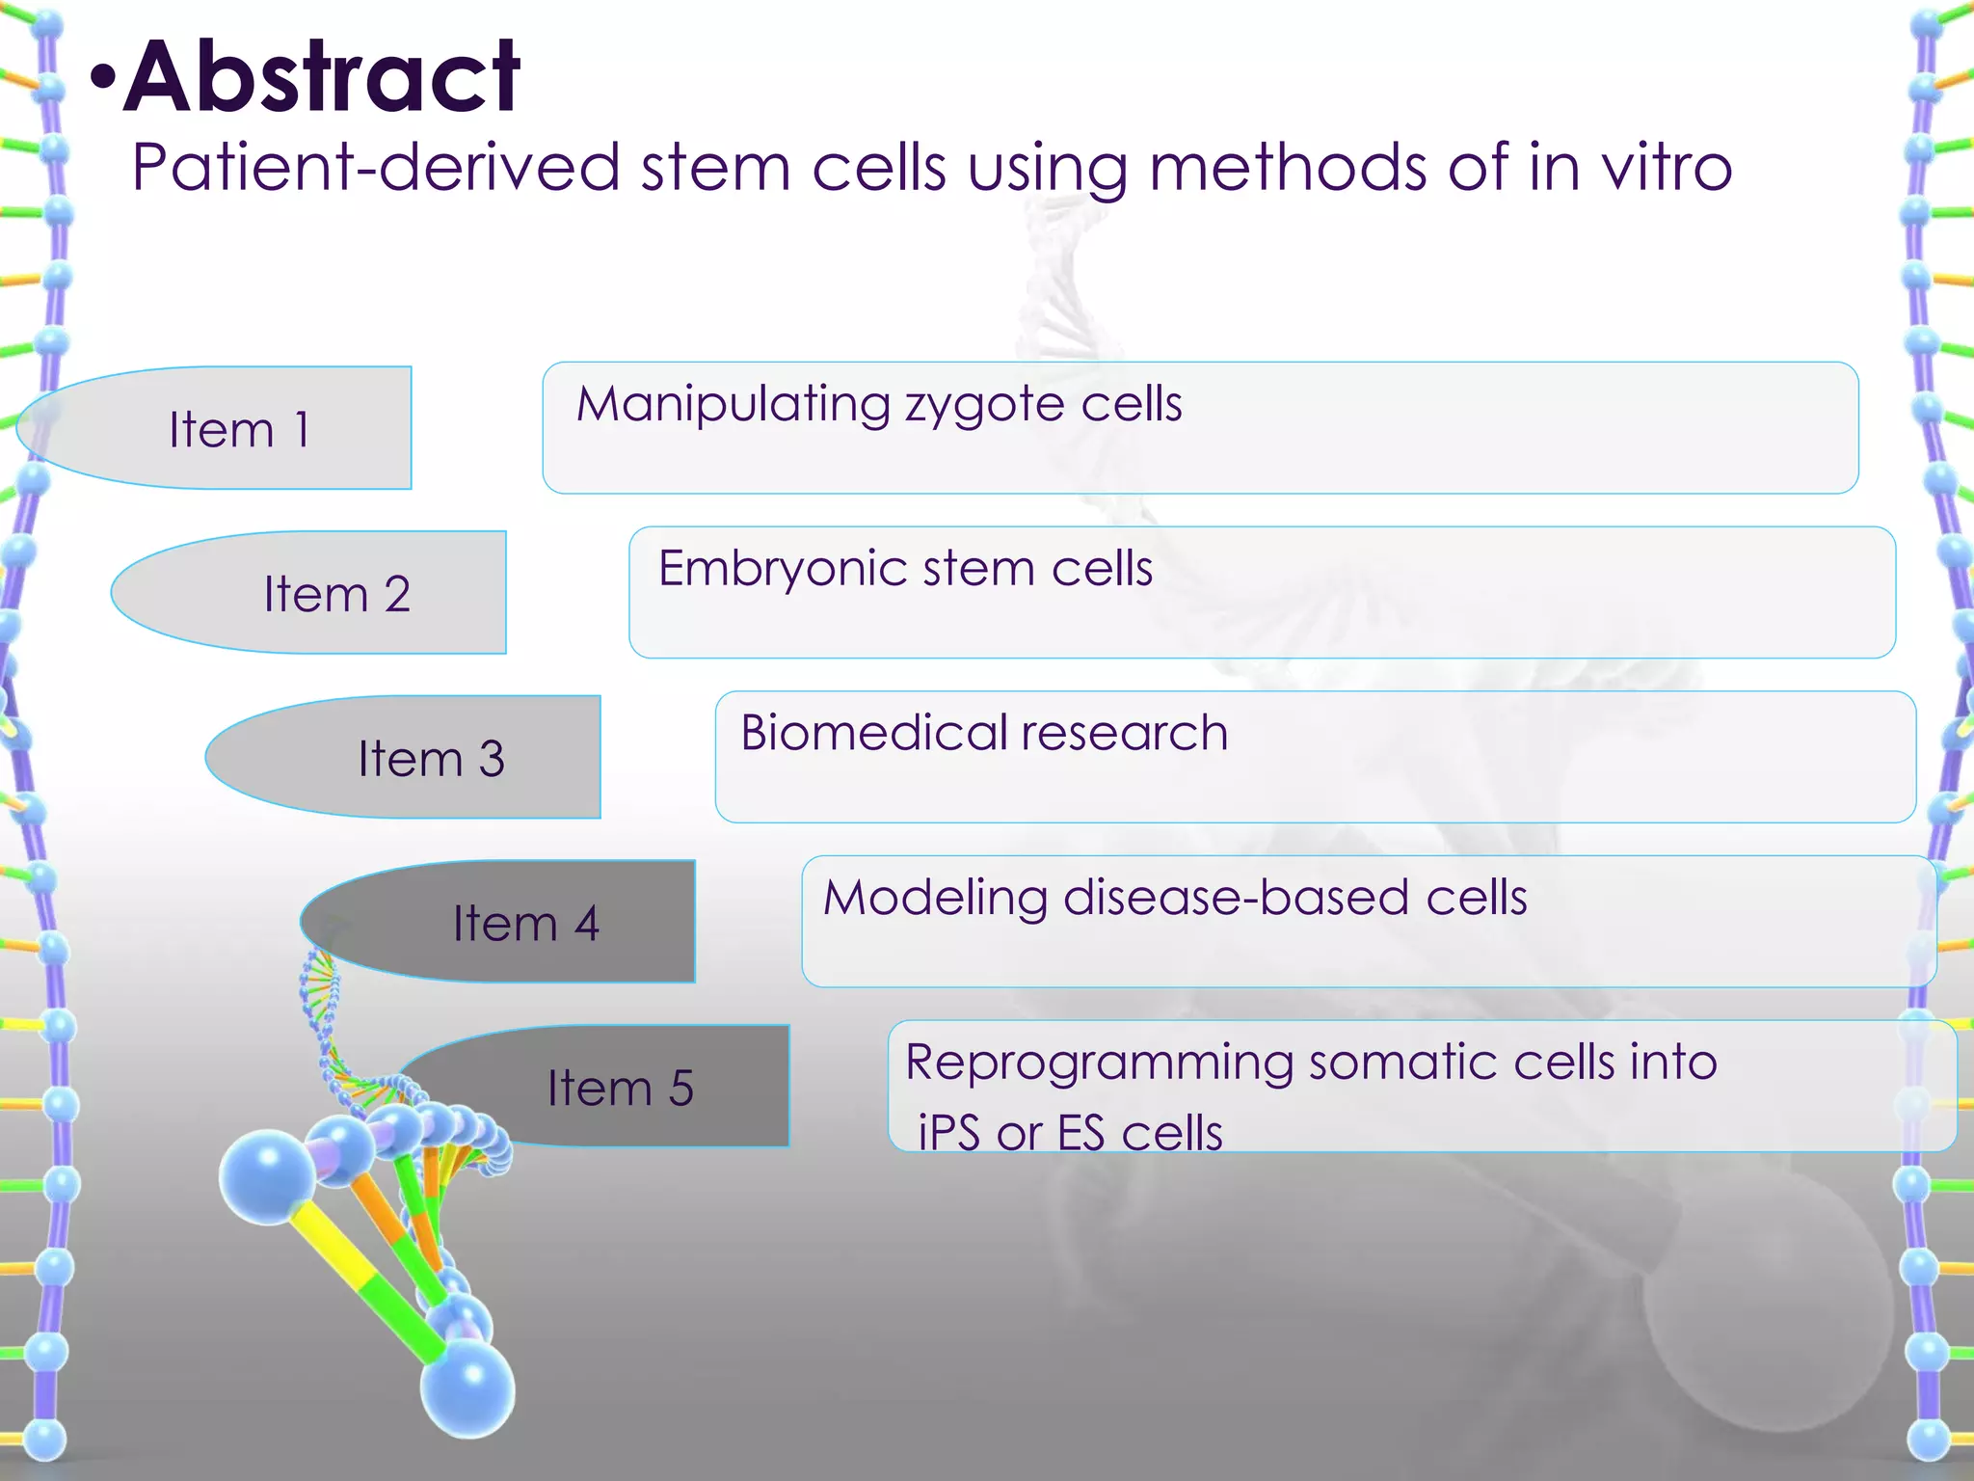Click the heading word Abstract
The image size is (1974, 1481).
322,77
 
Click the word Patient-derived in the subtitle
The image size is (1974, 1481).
375,168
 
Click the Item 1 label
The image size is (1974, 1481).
239,429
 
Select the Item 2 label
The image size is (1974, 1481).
336,594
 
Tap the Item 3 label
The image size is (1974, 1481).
431,759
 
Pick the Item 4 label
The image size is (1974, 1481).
526,924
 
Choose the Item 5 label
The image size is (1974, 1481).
621,1089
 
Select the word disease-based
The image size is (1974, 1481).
1234,898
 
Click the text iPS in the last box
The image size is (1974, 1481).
948,1133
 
